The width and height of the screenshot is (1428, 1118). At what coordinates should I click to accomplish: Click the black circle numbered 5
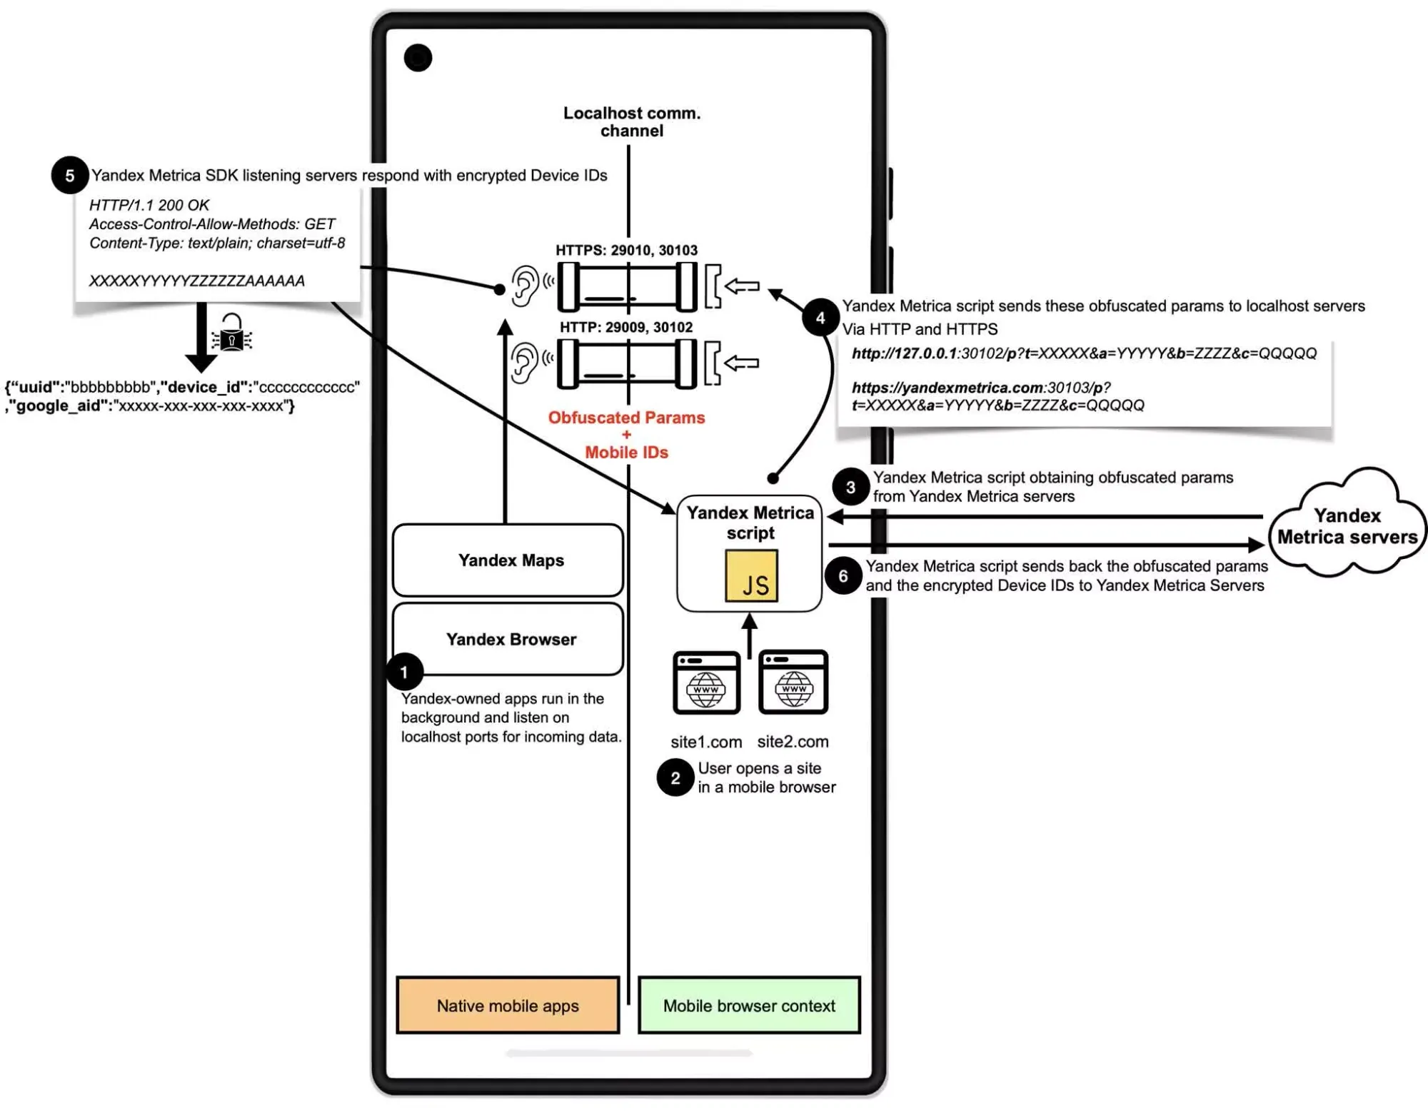(69, 176)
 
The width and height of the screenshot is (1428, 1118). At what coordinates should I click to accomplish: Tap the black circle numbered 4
(820, 318)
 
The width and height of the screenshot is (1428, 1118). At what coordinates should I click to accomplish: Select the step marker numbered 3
(850, 487)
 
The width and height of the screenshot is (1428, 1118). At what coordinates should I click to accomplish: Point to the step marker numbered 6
(843, 575)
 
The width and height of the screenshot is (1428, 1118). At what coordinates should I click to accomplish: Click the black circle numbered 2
(675, 778)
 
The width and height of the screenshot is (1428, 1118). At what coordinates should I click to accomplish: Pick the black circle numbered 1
(404, 672)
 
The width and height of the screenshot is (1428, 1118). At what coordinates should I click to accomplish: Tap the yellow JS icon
(752, 576)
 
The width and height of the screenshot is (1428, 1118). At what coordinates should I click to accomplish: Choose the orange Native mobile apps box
(508, 1005)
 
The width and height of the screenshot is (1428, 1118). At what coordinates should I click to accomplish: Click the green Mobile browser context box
(749, 1005)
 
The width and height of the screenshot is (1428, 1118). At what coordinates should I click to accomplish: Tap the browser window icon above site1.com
(706, 683)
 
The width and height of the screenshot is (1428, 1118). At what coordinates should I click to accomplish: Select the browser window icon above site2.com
(793, 682)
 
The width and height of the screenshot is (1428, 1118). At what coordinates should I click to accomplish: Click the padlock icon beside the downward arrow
(232, 333)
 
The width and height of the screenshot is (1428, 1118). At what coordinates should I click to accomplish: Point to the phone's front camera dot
(418, 58)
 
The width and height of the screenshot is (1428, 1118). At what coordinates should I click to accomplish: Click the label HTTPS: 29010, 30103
(626, 251)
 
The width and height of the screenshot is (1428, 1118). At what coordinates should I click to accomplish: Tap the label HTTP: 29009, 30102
(626, 328)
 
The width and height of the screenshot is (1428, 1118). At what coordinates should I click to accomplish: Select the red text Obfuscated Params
(626, 418)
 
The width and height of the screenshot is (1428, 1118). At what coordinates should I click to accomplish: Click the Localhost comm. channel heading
(632, 122)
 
